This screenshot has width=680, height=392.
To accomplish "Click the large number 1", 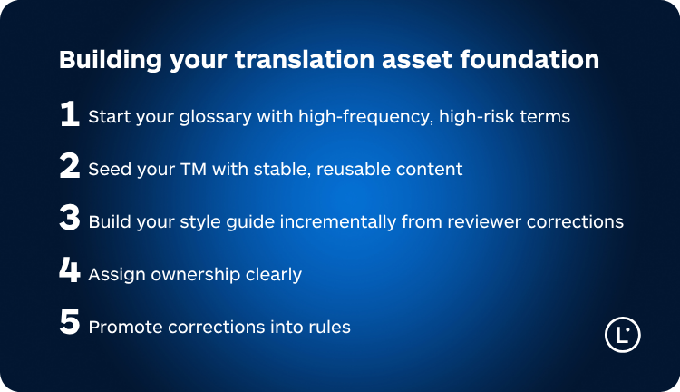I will (70, 114).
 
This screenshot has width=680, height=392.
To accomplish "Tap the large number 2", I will (70, 167).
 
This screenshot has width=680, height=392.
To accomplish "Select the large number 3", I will (70, 220).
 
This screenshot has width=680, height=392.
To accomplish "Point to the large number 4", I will (70, 272).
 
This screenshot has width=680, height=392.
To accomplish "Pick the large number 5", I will (70, 325).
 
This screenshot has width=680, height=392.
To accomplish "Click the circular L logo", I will (622, 335).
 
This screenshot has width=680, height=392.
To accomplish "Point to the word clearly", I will (271, 275).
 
